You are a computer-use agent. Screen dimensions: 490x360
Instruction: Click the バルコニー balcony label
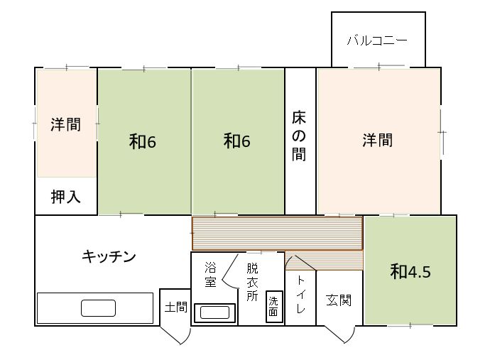377,40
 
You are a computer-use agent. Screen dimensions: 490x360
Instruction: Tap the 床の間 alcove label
299,136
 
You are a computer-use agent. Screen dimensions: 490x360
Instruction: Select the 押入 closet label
65,197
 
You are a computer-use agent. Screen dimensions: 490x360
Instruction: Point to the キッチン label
109,256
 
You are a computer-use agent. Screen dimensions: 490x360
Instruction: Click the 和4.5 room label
410,271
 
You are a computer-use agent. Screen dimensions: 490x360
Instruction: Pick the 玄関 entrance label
339,300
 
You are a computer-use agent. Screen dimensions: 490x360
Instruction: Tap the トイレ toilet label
300,294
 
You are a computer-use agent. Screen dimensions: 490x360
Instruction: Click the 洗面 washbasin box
274,307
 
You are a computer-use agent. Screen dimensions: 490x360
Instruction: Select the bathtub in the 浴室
214,312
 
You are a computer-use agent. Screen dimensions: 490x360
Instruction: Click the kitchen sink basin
98,308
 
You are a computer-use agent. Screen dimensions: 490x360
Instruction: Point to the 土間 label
176,307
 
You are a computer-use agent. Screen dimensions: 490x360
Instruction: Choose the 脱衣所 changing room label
252,282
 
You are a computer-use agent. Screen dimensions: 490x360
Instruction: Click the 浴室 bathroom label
210,274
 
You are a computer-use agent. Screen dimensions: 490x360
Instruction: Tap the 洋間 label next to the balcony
378,140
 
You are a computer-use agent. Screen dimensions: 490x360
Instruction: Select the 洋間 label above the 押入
65,124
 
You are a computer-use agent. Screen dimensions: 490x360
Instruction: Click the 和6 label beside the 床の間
237,141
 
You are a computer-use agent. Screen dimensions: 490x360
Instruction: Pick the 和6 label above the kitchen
143,141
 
